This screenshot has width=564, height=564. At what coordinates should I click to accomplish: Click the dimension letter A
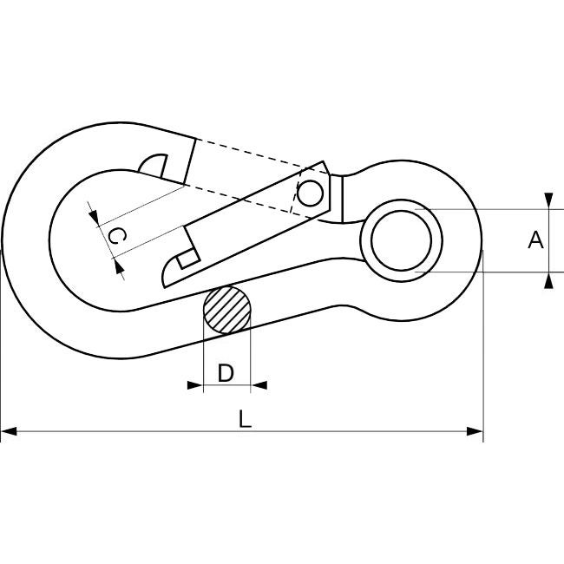535,239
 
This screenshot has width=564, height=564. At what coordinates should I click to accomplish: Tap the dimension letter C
117,236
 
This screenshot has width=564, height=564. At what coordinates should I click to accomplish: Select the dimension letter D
226,373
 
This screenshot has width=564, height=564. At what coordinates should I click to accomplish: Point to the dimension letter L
245,419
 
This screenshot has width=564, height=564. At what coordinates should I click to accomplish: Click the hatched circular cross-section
227,310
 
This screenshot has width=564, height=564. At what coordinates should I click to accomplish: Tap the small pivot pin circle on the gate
310,193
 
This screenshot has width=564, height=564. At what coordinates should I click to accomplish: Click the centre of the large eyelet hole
402,240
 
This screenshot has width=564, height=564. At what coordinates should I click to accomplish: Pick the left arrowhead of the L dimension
9,431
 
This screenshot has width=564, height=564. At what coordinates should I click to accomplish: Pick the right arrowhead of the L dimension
475,431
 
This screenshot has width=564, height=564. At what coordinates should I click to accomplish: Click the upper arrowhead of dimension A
548,200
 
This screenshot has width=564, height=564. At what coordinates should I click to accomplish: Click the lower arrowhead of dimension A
548,280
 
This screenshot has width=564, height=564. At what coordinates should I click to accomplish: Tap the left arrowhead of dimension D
195,385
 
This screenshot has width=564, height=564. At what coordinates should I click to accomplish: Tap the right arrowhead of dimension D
259,385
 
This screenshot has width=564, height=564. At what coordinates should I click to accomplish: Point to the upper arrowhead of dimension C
95,217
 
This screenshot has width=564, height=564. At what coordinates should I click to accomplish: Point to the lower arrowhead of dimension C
119,266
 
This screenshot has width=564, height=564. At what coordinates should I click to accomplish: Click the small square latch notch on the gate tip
188,259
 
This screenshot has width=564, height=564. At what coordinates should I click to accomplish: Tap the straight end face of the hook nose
190,161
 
